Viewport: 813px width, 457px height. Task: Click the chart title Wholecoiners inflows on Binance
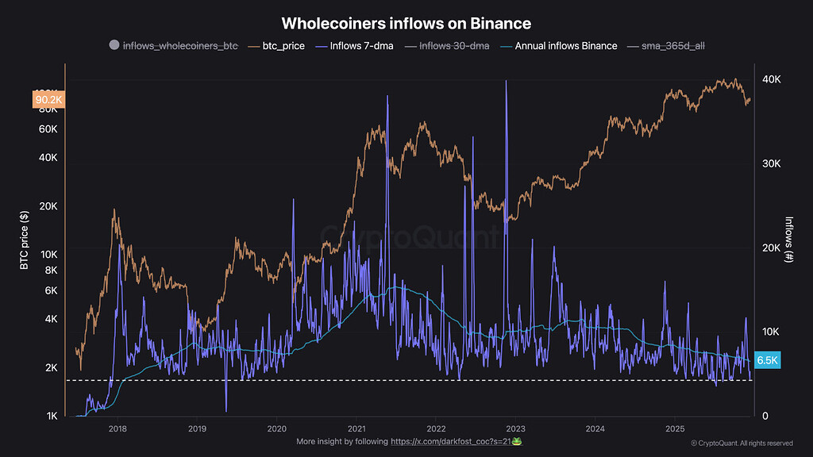pyautogui.click(x=406, y=24)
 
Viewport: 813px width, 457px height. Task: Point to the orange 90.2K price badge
pyautogui.click(x=48, y=100)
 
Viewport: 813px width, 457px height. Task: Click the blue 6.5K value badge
pyautogui.click(x=767, y=360)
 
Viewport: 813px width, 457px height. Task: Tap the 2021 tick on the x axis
pyautogui.click(x=356, y=428)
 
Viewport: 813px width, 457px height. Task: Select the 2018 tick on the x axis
pyautogui.click(x=118, y=428)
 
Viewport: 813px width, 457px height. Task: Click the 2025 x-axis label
pyautogui.click(x=674, y=428)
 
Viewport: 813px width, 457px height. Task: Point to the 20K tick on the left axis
pyautogui.click(x=48, y=206)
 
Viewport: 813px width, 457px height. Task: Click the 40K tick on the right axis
pyautogui.click(x=772, y=80)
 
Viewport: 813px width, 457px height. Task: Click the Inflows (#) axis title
pyautogui.click(x=789, y=240)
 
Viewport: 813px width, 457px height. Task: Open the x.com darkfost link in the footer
pyautogui.click(x=456, y=441)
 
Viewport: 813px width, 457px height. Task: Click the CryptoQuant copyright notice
pyautogui.click(x=742, y=444)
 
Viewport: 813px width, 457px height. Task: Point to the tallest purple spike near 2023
pyautogui.click(x=506, y=84)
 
